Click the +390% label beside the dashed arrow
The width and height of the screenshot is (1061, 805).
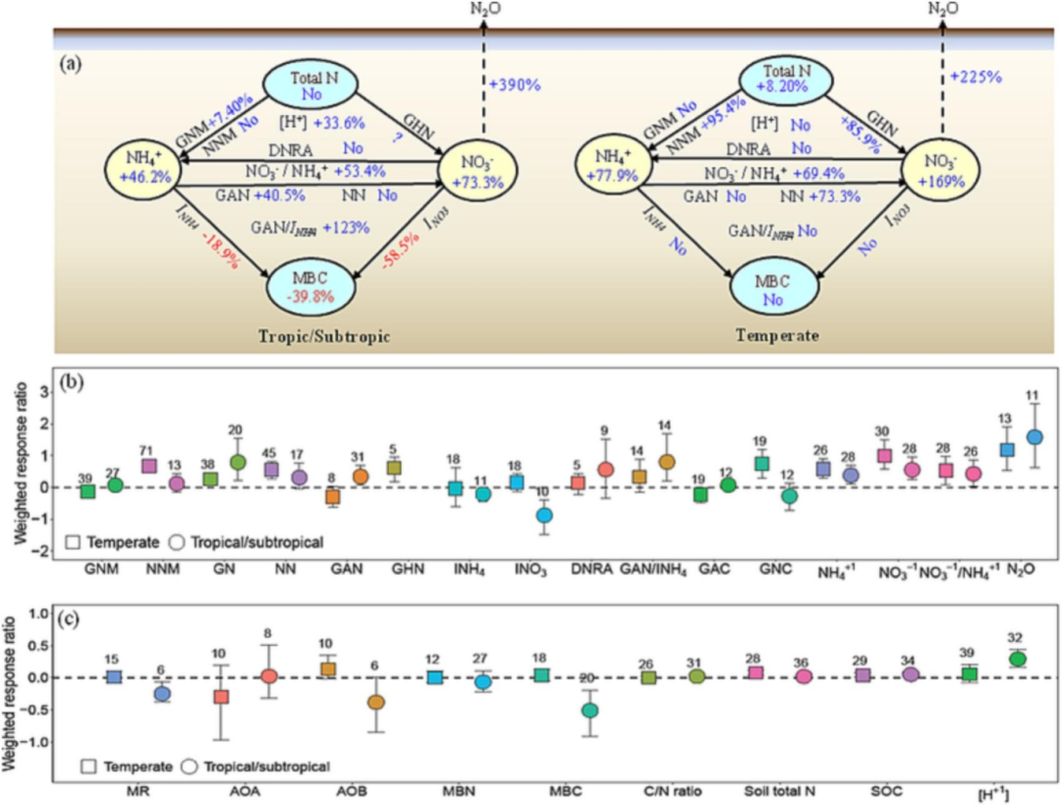514,85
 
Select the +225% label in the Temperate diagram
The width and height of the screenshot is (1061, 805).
976,76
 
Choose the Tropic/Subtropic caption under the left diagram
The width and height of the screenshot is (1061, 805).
325,335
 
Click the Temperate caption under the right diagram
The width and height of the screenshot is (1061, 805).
770,334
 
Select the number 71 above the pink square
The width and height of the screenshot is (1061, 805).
150,446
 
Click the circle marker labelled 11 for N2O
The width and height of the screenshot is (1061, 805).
1033,436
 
